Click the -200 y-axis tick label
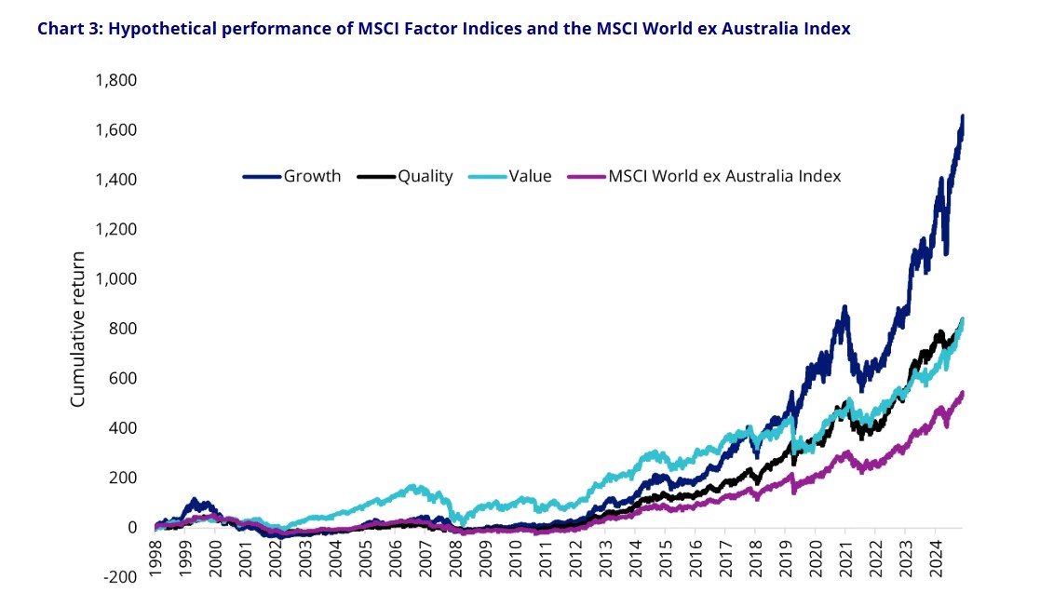pyautogui.click(x=119, y=577)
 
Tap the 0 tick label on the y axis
pyautogui.click(x=131, y=528)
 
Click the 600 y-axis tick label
pyautogui.click(x=122, y=379)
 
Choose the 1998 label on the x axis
pyautogui.click(x=155, y=557)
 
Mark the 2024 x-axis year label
pyautogui.click(x=934, y=557)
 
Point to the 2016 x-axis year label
pyautogui.click(x=695, y=557)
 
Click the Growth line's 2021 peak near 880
pyautogui.click(x=844, y=307)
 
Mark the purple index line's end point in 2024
pyautogui.click(x=962, y=394)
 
